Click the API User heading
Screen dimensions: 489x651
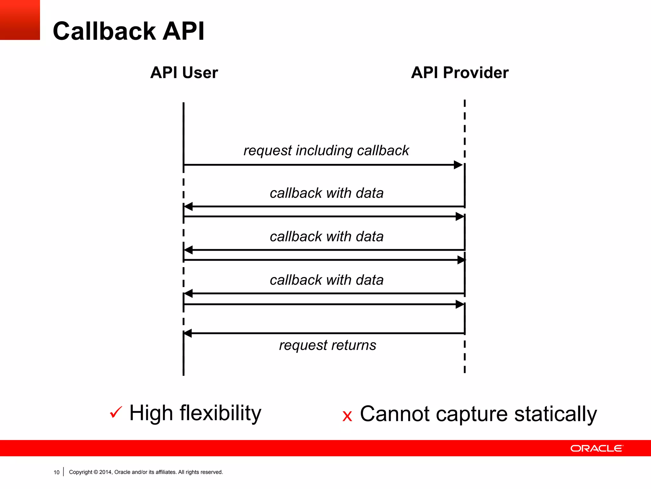pyautogui.click(x=184, y=73)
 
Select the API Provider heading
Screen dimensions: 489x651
pyautogui.click(x=460, y=73)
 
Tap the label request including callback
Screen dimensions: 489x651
pyautogui.click(x=326, y=151)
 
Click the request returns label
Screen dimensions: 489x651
pyautogui.click(x=327, y=345)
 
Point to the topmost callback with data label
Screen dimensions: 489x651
pyautogui.click(x=326, y=193)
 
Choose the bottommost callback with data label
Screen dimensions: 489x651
pyautogui.click(x=326, y=280)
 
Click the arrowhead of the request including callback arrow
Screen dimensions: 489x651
pyautogui.click(x=458, y=165)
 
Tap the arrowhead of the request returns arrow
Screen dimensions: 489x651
pyautogui.click(x=188, y=333)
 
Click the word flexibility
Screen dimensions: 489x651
pyautogui.click(x=220, y=413)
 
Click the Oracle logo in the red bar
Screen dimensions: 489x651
pyautogui.click(x=597, y=448)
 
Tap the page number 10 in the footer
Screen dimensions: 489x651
pyautogui.click(x=56, y=472)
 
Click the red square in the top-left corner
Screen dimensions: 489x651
pyautogui.click(x=20, y=20)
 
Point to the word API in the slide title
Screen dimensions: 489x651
pyautogui.click(x=183, y=31)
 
